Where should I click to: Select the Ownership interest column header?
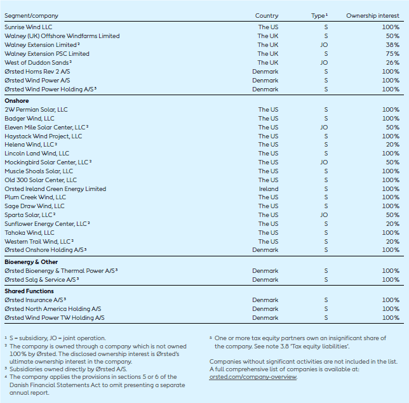(x=373, y=15)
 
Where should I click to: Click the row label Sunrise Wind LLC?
(x=29, y=27)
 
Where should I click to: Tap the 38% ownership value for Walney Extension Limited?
(x=392, y=45)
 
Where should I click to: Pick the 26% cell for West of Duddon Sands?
(x=392, y=63)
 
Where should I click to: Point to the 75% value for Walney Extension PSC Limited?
(x=392, y=54)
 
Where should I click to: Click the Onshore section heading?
(x=17, y=101)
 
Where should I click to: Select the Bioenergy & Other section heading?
(x=31, y=261)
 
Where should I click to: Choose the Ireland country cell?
(x=268, y=188)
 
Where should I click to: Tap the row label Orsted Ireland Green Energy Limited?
(x=55, y=188)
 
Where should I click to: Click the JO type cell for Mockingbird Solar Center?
(x=324, y=162)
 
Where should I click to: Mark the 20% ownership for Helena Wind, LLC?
(x=392, y=145)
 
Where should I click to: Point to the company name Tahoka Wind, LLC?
(x=29, y=233)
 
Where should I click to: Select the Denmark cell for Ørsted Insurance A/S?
(x=265, y=300)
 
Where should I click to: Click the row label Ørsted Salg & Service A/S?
(x=41, y=279)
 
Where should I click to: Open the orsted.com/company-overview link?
(x=253, y=377)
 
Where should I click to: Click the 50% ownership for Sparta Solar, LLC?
(x=392, y=215)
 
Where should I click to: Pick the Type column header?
(x=319, y=15)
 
